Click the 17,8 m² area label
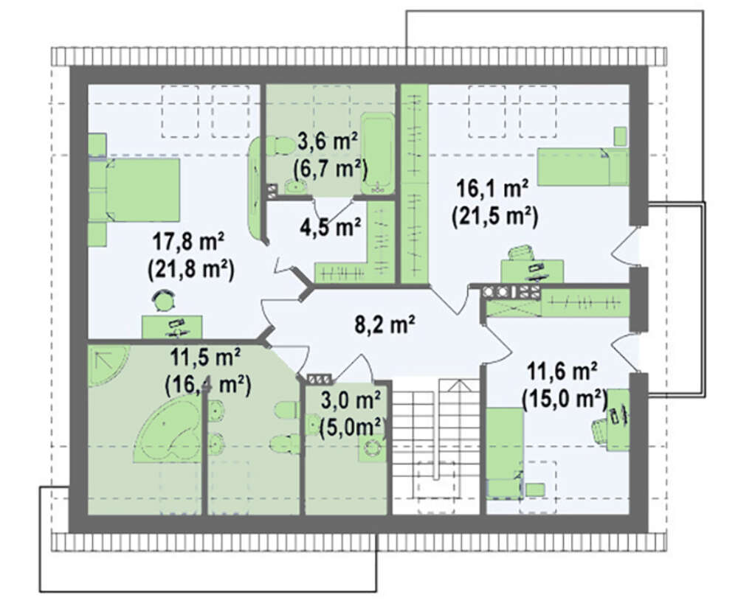188,243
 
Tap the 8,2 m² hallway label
384,324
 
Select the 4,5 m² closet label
331,227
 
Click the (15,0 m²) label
565,400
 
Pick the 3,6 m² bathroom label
328,142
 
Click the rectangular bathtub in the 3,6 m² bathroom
377,153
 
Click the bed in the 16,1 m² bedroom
583,167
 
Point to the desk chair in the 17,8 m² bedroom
163,299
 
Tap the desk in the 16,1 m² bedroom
532,271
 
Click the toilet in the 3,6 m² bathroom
280,145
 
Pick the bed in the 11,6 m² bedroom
505,453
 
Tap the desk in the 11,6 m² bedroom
618,419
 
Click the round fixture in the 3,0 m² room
373,448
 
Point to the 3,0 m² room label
351,401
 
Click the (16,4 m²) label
208,386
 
